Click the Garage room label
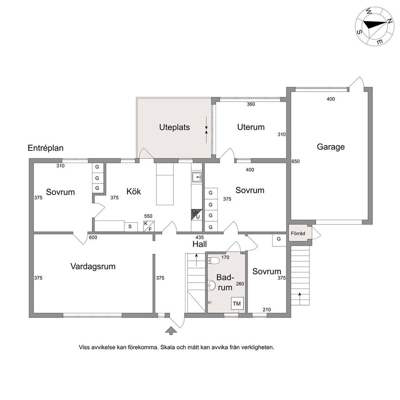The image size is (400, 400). pos(331,147)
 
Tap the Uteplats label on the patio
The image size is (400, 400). pos(175,127)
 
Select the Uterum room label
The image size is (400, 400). pos(251,127)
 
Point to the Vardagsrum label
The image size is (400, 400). pos(93,267)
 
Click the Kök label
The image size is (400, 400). pos(134,191)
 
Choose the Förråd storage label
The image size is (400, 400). pos(298,233)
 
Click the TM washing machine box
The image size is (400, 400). pos(237,303)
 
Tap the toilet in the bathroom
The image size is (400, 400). pos(214,260)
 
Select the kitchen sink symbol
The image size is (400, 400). pos(197,177)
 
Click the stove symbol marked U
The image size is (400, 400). pos(197,215)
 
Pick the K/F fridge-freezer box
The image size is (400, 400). pos(149,226)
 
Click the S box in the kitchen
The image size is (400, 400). pos(130,227)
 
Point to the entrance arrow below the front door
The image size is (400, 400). pos(171,331)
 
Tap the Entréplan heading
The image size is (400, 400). pos(46,148)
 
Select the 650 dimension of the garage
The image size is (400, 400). pos(296,161)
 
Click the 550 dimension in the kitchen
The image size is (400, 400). pos(148,216)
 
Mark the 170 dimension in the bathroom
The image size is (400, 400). pos(225,257)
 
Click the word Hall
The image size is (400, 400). pos(200,244)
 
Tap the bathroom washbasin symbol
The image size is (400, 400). pos(211,285)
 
